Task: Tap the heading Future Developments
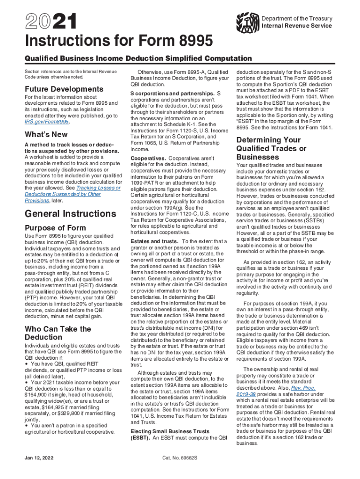[58, 89]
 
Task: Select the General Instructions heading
[70, 214]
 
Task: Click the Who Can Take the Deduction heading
[58, 333]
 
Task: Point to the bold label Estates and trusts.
[154, 241]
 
